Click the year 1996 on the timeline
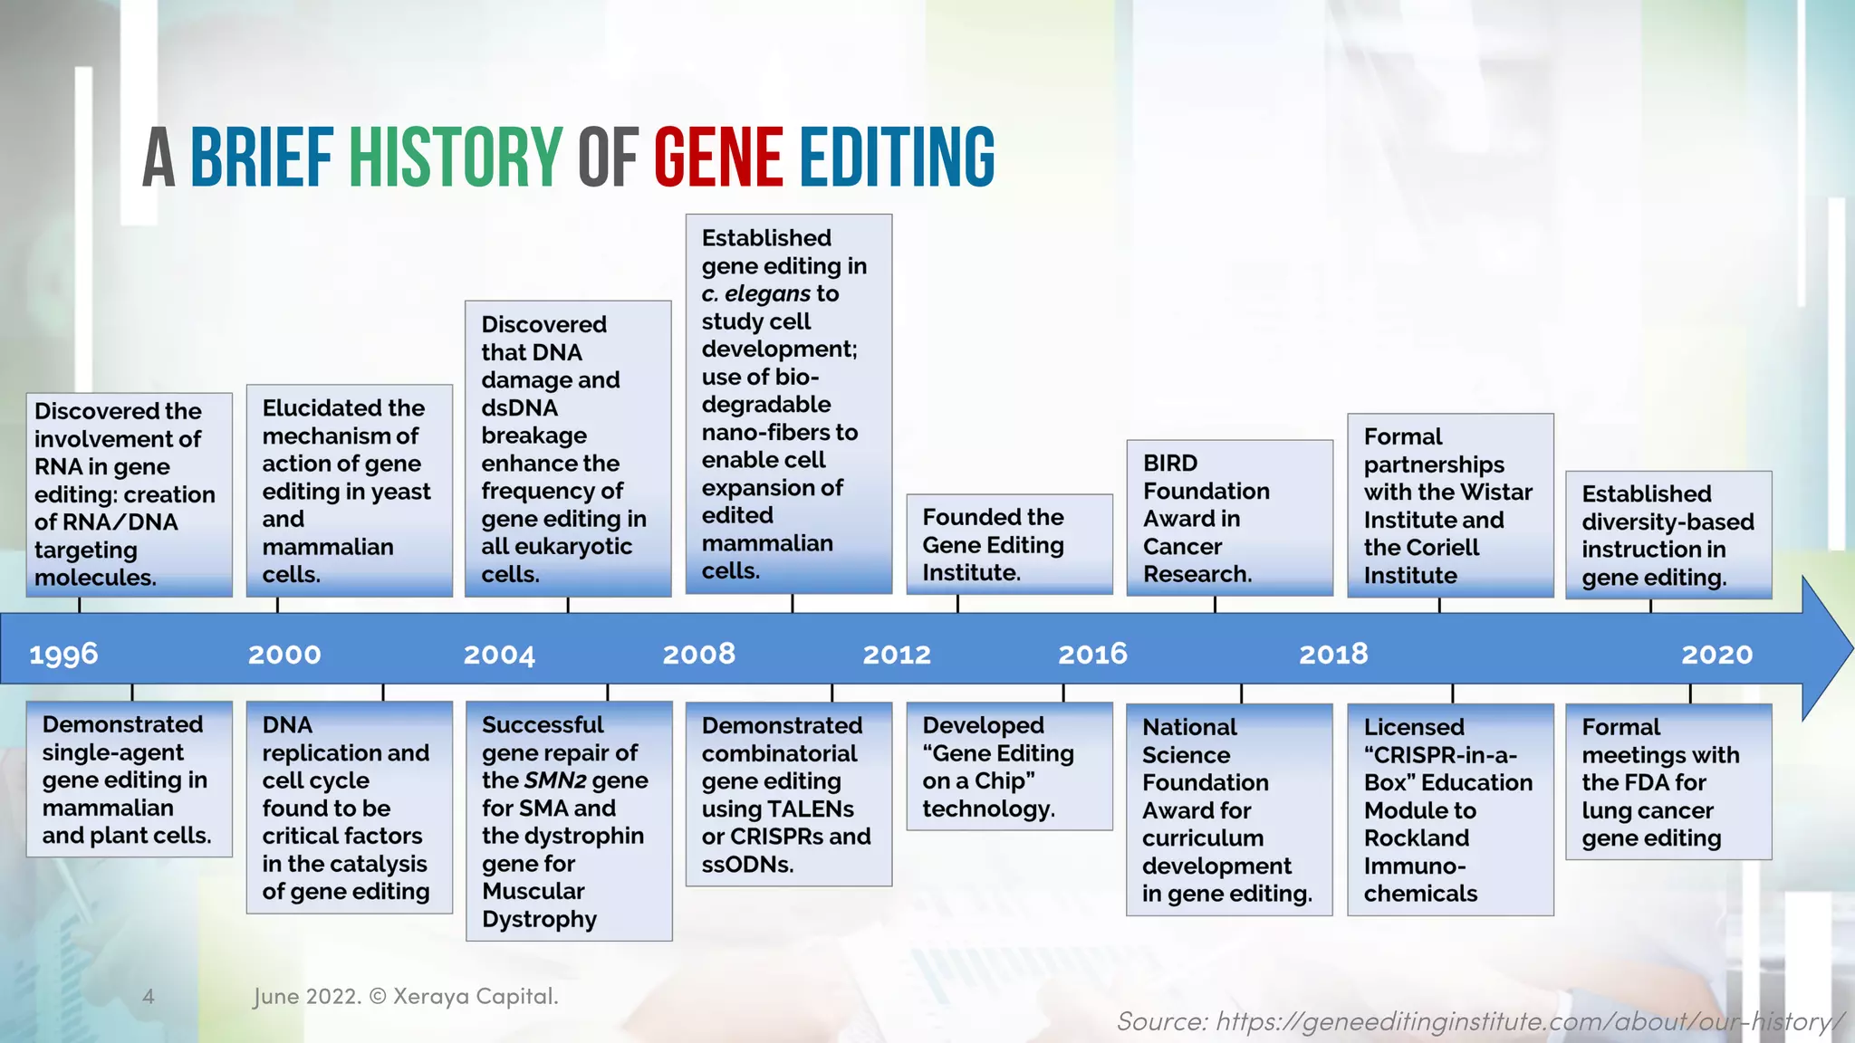point(63,654)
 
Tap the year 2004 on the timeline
point(499,654)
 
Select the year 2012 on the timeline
point(897,654)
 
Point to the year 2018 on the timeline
point(1333,654)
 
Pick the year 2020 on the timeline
point(1717,654)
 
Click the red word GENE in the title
point(718,158)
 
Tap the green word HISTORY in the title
point(456,158)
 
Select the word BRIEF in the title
point(262,158)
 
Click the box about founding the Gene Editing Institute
point(1009,544)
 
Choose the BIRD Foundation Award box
point(1229,518)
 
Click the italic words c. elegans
point(756,293)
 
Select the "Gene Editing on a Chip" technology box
point(1009,766)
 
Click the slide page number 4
point(149,997)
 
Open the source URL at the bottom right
point(1480,1021)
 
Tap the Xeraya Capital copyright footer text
point(406,997)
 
